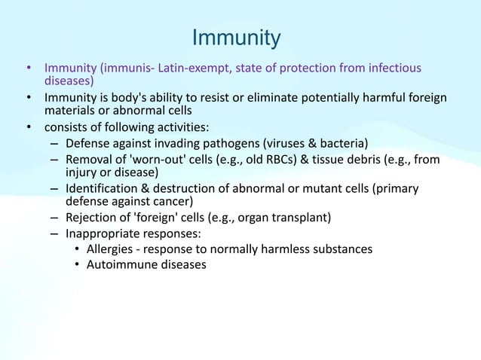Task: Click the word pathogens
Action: coord(228,143)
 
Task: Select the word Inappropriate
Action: coord(103,233)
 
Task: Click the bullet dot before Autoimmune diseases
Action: coord(78,264)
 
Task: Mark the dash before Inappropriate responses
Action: coord(55,233)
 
